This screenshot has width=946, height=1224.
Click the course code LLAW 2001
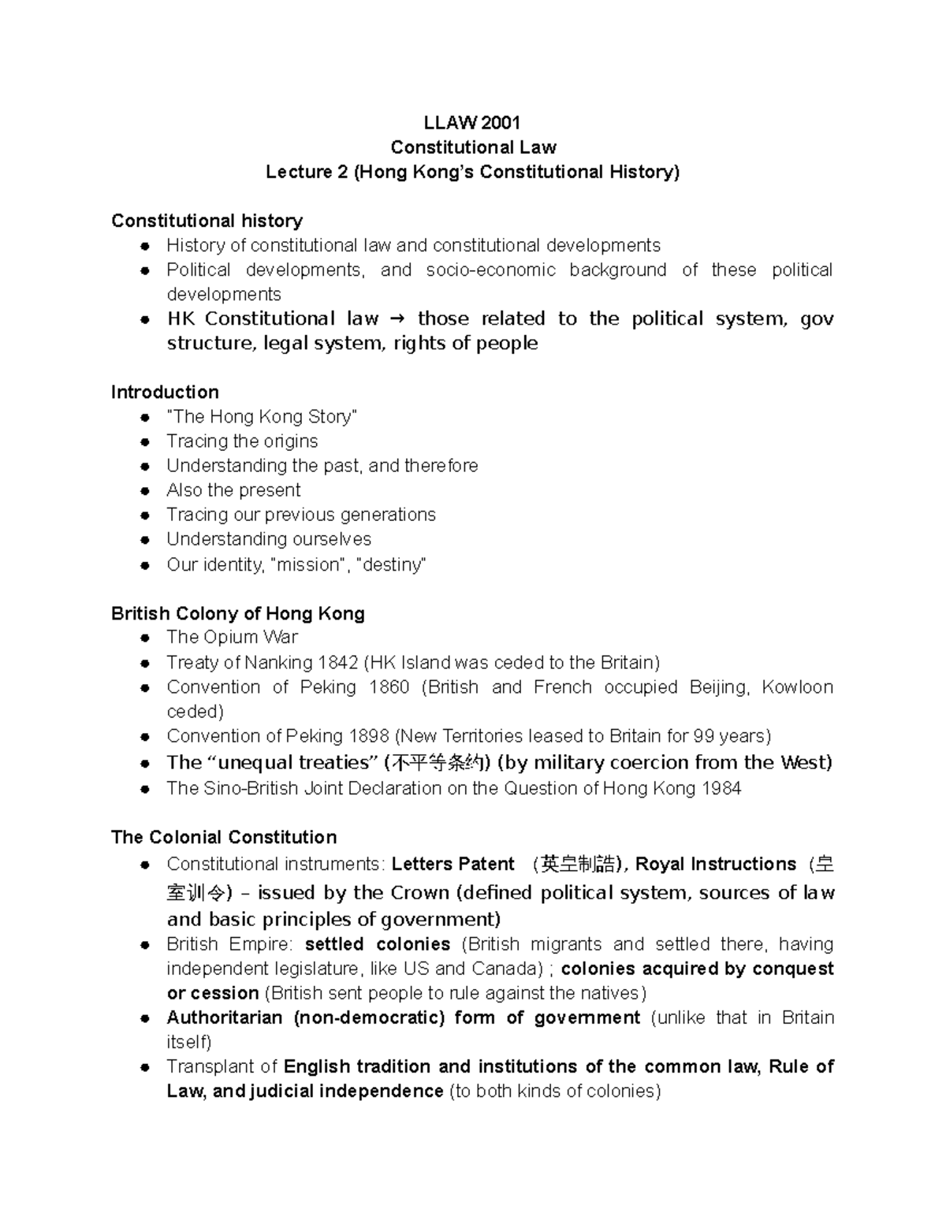coord(472,122)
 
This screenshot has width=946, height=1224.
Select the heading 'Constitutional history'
coord(207,221)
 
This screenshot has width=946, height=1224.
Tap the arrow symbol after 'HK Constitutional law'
coord(396,319)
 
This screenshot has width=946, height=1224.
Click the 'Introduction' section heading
coord(165,392)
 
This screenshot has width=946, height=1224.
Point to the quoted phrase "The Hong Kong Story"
coord(262,417)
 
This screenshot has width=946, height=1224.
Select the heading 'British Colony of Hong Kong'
coord(237,614)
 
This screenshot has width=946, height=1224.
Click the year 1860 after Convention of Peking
coord(389,687)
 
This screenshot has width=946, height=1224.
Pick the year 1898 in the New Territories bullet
coord(368,736)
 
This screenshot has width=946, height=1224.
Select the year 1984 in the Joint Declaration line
coord(719,789)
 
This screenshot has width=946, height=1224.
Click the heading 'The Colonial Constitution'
coord(224,838)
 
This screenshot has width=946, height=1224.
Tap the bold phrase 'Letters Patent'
coord(453,865)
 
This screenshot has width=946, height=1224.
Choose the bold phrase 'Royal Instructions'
coord(716,865)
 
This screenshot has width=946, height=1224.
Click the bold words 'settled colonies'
coord(378,945)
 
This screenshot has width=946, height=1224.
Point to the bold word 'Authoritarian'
coord(225,1018)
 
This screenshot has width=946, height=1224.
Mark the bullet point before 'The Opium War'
coord(144,638)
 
